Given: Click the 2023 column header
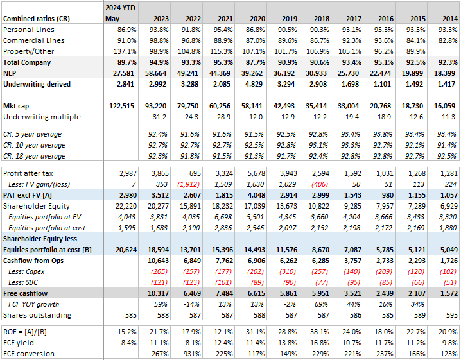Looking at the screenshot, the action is (x=161, y=19).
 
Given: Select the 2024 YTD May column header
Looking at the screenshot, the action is (x=120, y=13).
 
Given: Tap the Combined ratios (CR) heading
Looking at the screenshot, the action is (x=37, y=19).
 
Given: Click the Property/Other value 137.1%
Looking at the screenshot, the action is (x=125, y=51).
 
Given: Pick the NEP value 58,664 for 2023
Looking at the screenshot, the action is (x=155, y=73).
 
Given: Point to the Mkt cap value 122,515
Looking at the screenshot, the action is (x=122, y=106).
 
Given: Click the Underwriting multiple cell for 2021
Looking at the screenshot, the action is (x=223, y=117).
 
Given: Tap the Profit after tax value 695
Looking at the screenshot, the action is (x=195, y=173).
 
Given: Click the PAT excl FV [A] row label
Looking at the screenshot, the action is (x=28, y=195).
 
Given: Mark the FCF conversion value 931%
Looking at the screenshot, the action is (x=192, y=354).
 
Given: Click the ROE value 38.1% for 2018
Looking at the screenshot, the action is (x=319, y=332).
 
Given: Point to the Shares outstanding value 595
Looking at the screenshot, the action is (x=452, y=315).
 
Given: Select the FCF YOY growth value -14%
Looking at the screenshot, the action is (x=191, y=304).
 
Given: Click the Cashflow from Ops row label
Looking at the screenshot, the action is (x=33, y=261).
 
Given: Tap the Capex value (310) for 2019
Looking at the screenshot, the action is (x=287, y=271).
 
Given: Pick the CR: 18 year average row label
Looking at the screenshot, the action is (x=35, y=156).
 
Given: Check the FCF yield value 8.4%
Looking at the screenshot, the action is (x=129, y=343).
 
